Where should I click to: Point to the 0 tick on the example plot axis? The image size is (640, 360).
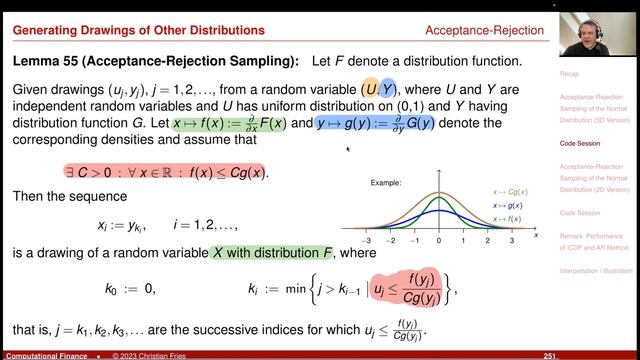coord(439,241)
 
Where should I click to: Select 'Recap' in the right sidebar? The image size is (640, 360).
coord(572,74)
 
